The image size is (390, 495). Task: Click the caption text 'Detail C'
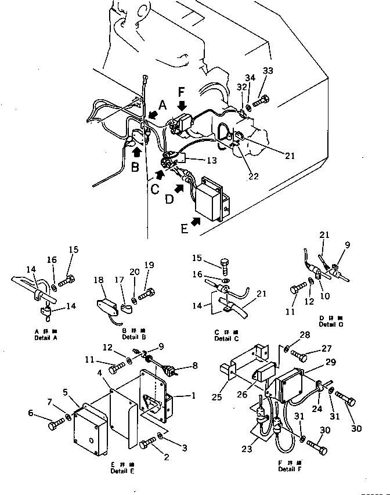(x=223, y=338)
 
